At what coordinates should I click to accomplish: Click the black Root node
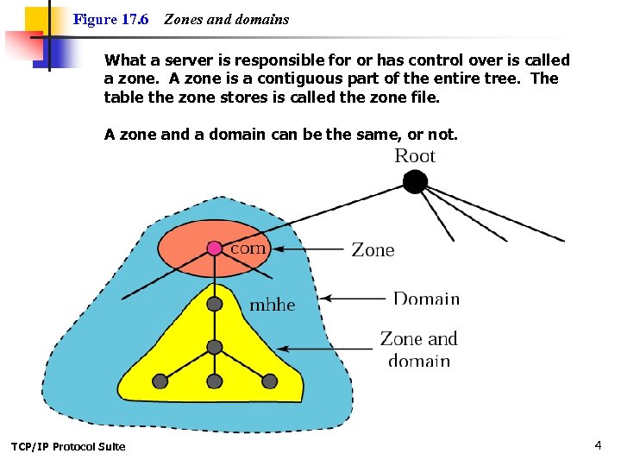pyautogui.click(x=416, y=182)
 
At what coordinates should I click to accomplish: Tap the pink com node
pyautogui.click(x=215, y=249)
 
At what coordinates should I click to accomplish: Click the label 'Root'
pyautogui.click(x=415, y=156)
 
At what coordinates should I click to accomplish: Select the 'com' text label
pyautogui.click(x=249, y=248)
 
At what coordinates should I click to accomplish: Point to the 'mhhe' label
pyautogui.click(x=273, y=305)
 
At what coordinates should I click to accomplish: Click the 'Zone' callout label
pyautogui.click(x=373, y=250)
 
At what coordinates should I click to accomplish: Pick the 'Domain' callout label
pyautogui.click(x=426, y=299)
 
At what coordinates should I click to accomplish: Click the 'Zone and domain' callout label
pyautogui.click(x=419, y=349)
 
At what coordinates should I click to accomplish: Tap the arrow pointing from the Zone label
pyautogui.click(x=310, y=250)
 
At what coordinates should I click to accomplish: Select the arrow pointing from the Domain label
pyautogui.click(x=354, y=299)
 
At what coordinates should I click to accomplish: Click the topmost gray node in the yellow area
pyautogui.click(x=215, y=304)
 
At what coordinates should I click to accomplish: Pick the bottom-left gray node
pyautogui.click(x=160, y=381)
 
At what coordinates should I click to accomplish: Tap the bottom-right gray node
pyautogui.click(x=269, y=381)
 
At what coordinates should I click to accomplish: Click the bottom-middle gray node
pyautogui.click(x=215, y=381)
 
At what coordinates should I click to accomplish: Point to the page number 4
pyautogui.click(x=598, y=445)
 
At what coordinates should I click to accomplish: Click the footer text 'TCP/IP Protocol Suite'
pyautogui.click(x=68, y=446)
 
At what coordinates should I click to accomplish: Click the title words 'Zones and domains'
pyautogui.click(x=227, y=19)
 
